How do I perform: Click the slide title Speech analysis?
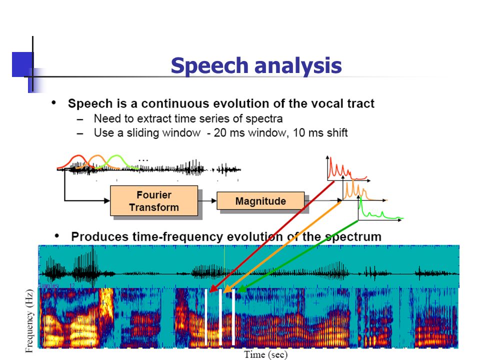tap(256, 65)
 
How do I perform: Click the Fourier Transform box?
tap(154, 201)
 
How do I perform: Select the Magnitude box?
tap(260, 201)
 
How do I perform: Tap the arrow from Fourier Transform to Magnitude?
tap(207, 201)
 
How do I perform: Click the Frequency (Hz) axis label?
tap(29, 321)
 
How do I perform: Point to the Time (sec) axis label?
tap(265, 355)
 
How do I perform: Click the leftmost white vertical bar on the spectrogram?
tap(206, 317)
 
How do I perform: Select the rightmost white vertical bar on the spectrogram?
tap(233, 317)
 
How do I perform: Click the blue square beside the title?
tap(22, 64)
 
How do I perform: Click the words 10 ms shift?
tap(320, 133)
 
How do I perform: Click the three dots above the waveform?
tap(143, 160)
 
